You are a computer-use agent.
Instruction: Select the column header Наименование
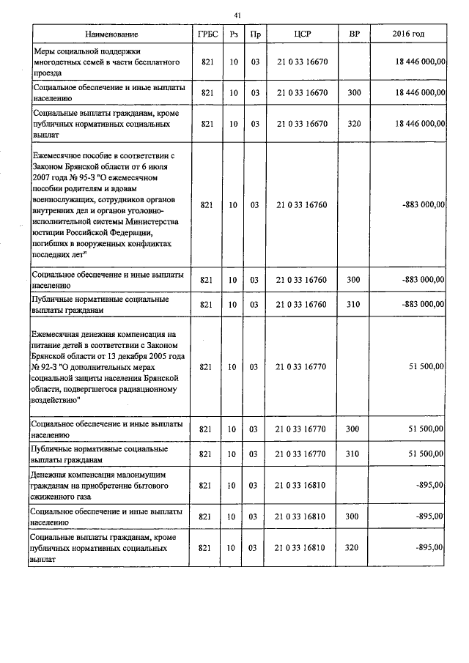pyautogui.click(x=111, y=34)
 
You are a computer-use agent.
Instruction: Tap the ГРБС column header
pyautogui.click(x=206, y=34)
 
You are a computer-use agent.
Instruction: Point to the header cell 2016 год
pyautogui.click(x=408, y=34)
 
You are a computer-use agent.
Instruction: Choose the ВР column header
pyautogui.click(x=354, y=34)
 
